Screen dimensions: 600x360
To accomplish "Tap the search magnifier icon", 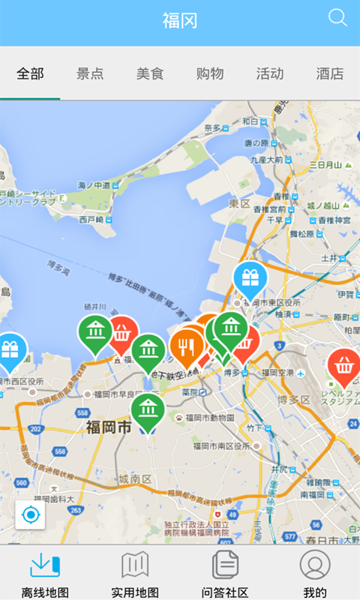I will (x=337, y=17).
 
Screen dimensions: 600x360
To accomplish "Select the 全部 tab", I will (x=30, y=73).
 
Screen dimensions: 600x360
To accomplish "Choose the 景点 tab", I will (x=90, y=73).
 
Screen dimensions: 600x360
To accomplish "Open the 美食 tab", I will (x=150, y=73).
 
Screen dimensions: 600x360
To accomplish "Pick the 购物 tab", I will (x=210, y=73).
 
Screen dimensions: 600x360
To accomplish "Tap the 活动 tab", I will (x=270, y=73).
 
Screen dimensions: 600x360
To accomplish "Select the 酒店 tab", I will (x=330, y=73).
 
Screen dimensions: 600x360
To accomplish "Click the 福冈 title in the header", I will (x=180, y=21).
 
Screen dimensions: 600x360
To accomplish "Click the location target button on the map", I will (x=31, y=515).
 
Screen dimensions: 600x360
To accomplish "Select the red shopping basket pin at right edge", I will (x=344, y=366).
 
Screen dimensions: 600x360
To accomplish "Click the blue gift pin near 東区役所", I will (x=250, y=278).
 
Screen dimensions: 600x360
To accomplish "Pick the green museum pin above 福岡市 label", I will (x=148, y=409).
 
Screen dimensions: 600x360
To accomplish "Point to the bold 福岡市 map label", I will (x=109, y=428).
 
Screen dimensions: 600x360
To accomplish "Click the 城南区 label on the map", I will (x=135, y=478).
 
